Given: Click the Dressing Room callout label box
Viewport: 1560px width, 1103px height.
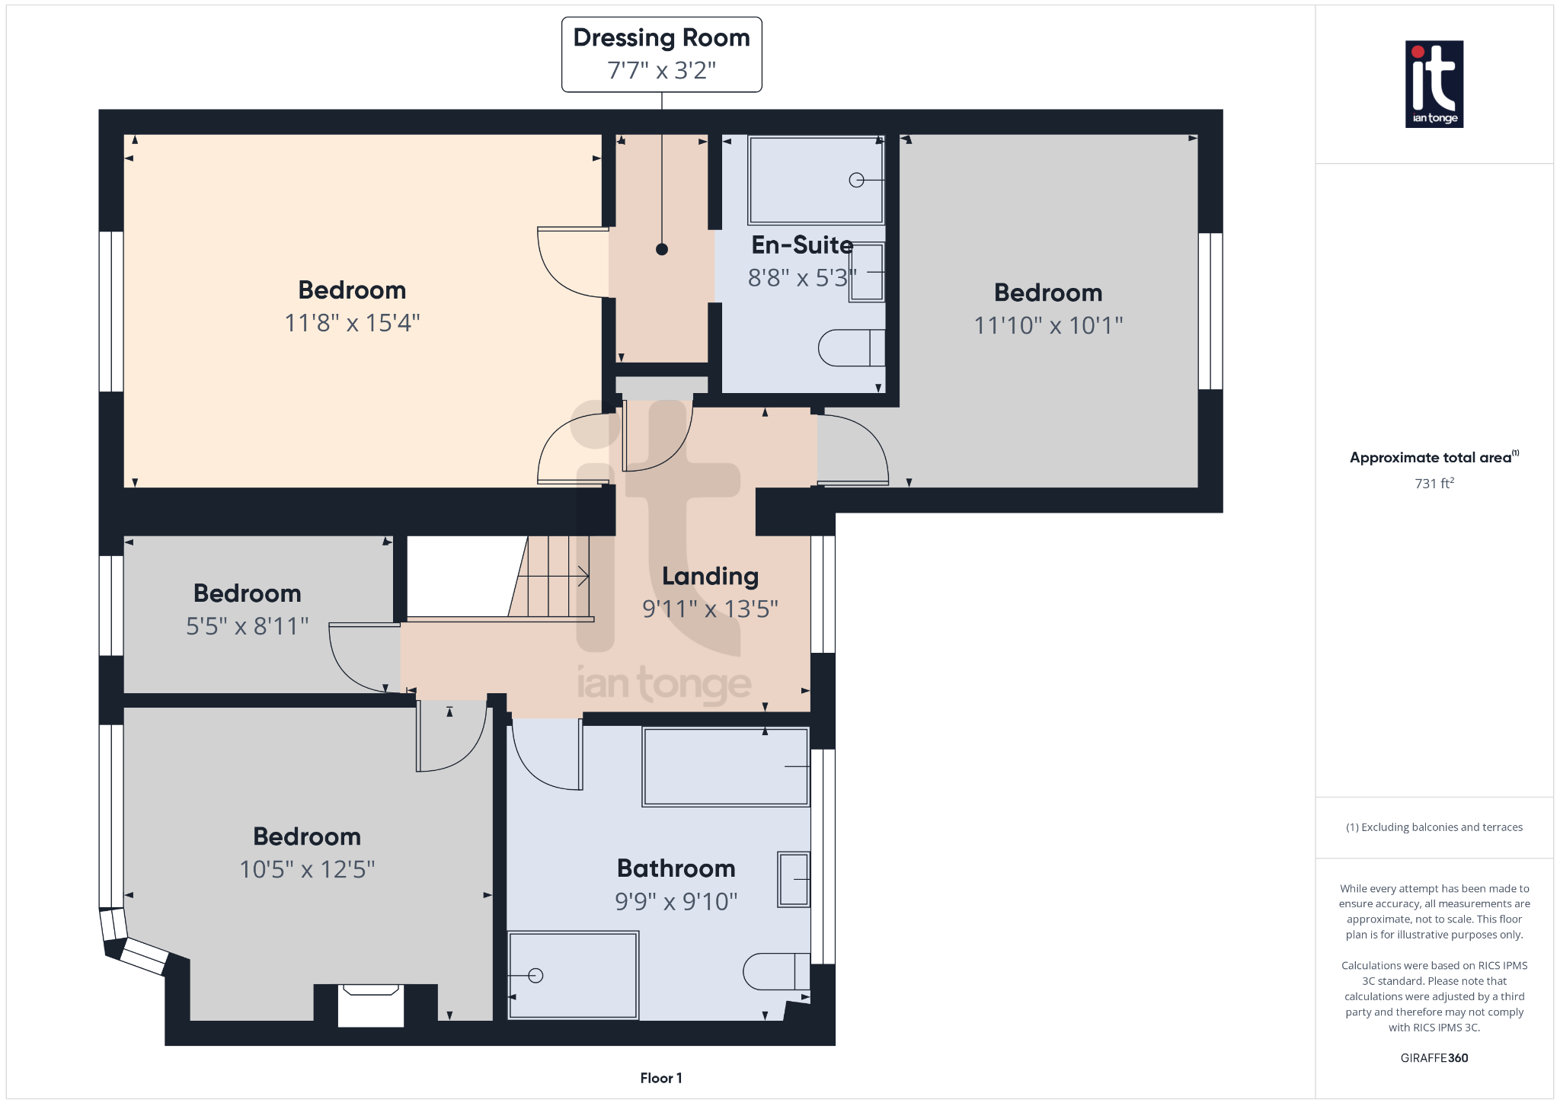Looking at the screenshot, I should (661, 54).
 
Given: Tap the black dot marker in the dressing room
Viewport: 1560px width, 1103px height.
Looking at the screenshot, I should (661, 249).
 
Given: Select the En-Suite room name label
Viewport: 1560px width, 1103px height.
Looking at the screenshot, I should (801, 245).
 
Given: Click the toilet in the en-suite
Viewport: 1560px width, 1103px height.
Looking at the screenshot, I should (851, 348).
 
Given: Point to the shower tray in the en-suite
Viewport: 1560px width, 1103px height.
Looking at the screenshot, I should (815, 180).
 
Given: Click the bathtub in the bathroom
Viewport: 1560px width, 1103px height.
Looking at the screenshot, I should (725, 766).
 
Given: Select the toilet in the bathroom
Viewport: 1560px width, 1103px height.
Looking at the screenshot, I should (775, 971).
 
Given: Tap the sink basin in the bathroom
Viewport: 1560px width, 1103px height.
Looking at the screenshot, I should (793, 879).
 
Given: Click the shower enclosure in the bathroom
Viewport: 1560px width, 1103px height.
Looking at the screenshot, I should (573, 975).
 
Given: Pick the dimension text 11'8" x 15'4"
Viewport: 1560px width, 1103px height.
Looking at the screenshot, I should (352, 323).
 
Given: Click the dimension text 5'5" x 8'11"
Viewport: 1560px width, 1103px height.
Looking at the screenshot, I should (247, 626).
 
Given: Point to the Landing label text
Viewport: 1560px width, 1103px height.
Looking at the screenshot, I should (710, 577).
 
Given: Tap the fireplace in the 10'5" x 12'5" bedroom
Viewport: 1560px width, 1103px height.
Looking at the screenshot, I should (371, 1004).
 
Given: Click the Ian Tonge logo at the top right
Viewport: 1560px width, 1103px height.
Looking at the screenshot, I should (1434, 84).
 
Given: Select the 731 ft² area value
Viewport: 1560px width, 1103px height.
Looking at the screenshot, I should (1434, 483).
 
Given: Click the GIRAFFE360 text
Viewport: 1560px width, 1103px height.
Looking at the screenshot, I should (1434, 1057).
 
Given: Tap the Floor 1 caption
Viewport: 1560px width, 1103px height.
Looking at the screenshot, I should (660, 1078).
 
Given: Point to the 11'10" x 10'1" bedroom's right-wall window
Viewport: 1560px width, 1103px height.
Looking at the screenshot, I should (1210, 311).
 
